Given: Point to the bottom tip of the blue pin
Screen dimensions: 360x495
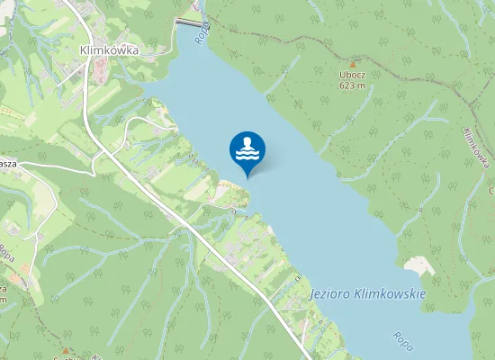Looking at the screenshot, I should [247, 177].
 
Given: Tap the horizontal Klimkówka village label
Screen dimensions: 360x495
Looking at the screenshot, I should [108, 51].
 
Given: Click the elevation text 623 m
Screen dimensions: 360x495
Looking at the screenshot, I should [353, 86].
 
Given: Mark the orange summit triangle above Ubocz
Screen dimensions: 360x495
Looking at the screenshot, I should [353, 64].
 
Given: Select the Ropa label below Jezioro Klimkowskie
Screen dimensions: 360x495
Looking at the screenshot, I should [401, 342].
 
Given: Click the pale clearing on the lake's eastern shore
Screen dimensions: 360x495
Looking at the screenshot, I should [418, 265].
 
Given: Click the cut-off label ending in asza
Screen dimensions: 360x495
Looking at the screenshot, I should [8, 165].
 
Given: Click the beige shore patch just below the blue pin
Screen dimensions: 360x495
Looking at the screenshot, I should [231, 190].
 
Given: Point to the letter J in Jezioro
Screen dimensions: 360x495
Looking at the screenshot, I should [310, 295].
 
